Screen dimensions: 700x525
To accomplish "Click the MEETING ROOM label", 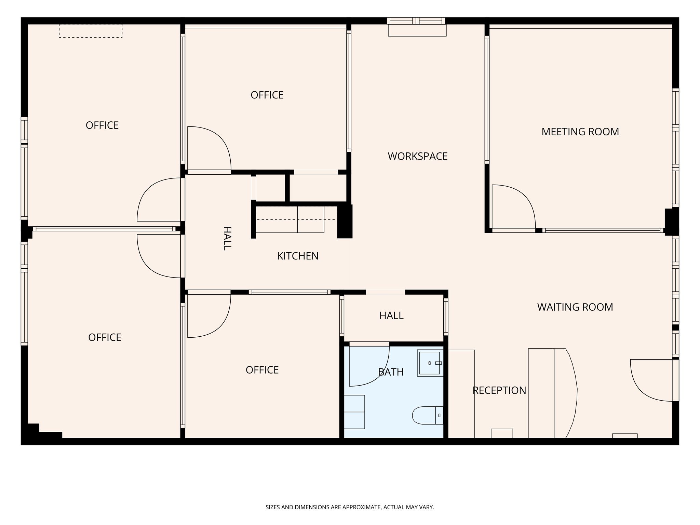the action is (x=580, y=132).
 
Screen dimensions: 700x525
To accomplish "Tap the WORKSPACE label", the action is (x=417, y=156).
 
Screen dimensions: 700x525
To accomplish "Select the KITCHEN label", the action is (x=298, y=256).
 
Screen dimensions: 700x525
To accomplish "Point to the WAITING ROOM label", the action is (x=575, y=307).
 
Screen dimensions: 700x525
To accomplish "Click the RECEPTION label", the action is (x=499, y=390).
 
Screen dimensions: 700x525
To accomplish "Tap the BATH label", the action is (x=391, y=372).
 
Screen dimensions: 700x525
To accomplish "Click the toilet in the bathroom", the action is (x=428, y=415).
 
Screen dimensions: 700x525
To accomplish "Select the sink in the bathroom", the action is (x=430, y=363).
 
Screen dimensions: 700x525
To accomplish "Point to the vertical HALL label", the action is (x=227, y=238).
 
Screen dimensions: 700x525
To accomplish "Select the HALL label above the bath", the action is (x=391, y=315).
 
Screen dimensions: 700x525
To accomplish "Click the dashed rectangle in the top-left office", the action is (x=91, y=31).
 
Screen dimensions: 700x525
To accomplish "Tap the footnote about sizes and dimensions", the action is (x=350, y=507).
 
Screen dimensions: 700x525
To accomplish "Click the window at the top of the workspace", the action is (x=416, y=21).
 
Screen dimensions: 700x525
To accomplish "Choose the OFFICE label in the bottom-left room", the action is (x=105, y=337).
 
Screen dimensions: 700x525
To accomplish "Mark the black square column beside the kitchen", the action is (x=345, y=221).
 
